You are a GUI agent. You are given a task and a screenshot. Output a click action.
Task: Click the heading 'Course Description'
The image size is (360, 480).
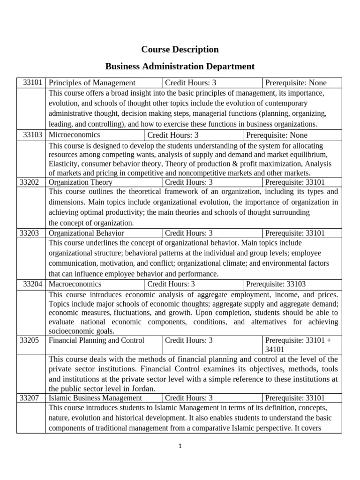pyautogui.click(x=180, y=49)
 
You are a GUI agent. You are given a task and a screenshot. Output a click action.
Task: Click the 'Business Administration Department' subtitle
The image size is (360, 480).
pyautogui.click(x=180, y=66)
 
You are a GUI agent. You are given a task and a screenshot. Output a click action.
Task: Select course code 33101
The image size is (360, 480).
pyautogui.click(x=33, y=83)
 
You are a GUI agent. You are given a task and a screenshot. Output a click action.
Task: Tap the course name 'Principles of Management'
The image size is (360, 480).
pyautogui.click(x=92, y=83)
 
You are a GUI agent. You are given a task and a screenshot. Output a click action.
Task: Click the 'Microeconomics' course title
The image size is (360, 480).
pyautogui.click(x=74, y=135)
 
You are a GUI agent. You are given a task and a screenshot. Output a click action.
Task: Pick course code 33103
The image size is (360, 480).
pyautogui.click(x=33, y=135)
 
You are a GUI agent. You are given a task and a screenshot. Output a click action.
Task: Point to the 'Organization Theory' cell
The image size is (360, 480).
pyautogui.click(x=81, y=182)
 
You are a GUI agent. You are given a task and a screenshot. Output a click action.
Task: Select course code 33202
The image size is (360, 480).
pyautogui.click(x=31, y=182)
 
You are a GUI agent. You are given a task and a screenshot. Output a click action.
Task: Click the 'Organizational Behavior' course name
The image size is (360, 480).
pyautogui.click(x=86, y=233)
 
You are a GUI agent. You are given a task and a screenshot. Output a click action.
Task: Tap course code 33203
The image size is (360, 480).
pyautogui.click(x=31, y=233)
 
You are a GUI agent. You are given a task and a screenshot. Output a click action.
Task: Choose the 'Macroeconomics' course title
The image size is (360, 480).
pyautogui.click(x=75, y=284)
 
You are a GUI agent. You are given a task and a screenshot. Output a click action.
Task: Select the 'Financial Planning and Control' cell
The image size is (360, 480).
pyautogui.click(x=97, y=340)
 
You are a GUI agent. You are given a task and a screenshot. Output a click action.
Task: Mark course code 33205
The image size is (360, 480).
pyautogui.click(x=31, y=340)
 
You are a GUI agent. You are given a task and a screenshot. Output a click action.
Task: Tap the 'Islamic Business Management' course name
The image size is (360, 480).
pyautogui.click(x=95, y=398)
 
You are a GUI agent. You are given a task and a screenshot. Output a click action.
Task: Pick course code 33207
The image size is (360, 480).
pyautogui.click(x=31, y=398)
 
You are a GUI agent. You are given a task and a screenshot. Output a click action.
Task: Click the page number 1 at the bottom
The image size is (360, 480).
pyautogui.click(x=180, y=446)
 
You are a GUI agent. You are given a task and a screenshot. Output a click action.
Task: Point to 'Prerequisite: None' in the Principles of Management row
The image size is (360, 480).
pyautogui.click(x=296, y=83)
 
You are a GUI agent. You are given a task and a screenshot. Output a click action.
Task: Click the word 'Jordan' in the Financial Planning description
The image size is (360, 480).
pyautogui.click(x=144, y=389)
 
